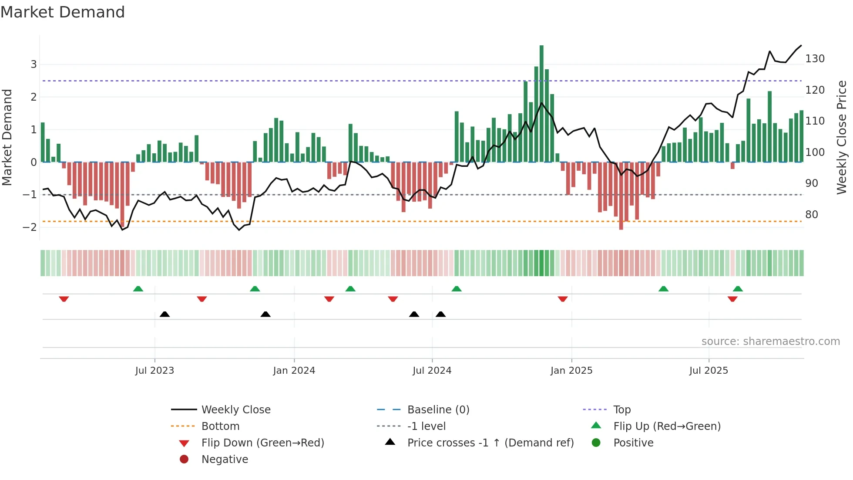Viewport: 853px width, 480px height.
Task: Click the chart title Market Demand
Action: point(63,12)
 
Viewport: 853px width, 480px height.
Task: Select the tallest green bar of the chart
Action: point(541,104)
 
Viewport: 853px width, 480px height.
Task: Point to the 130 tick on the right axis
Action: point(815,59)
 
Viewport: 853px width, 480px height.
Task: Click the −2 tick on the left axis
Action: point(30,227)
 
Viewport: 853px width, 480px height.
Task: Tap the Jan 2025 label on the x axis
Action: point(571,371)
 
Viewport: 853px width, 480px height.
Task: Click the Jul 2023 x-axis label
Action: point(154,371)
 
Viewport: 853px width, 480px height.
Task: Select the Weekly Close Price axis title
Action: point(842,137)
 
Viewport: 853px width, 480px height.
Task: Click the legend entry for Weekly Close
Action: point(235,410)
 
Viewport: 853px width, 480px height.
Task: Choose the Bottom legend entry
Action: point(220,426)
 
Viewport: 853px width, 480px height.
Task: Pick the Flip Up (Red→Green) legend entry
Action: point(667,426)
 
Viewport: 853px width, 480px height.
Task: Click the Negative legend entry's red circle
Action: point(184,460)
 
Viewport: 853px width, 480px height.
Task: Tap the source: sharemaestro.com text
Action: point(770,341)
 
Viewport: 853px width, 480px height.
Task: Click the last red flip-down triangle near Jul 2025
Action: point(732,299)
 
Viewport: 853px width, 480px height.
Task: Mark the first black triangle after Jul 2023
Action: point(165,314)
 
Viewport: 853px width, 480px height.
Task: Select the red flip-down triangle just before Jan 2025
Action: point(563,299)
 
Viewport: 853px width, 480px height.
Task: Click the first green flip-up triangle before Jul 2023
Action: point(138,289)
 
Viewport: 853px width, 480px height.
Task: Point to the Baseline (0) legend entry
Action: point(438,410)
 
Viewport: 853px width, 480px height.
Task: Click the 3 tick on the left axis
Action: point(34,64)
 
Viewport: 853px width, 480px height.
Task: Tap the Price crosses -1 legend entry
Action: point(490,443)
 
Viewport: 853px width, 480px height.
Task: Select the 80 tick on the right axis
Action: point(812,215)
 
